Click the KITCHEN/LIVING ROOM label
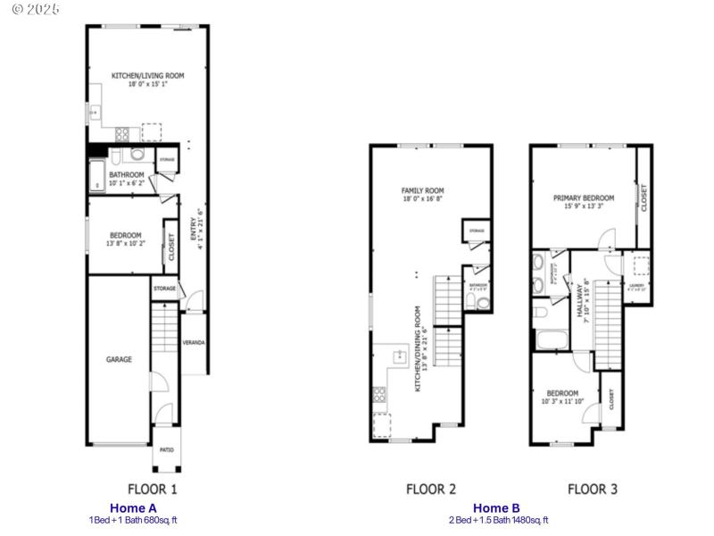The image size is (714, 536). point(147,76)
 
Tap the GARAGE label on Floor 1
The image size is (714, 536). point(120,359)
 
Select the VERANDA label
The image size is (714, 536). point(194,342)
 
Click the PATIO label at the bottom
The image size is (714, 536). point(167,449)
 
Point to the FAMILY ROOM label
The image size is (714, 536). point(423,190)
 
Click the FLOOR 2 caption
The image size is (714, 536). point(431,489)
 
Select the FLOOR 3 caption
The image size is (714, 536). point(593,489)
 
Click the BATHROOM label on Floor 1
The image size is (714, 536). point(126,175)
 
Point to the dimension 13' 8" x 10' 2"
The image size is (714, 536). point(125,243)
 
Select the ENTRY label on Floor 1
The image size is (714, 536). point(192,230)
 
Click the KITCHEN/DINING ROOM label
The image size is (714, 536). point(417,348)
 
